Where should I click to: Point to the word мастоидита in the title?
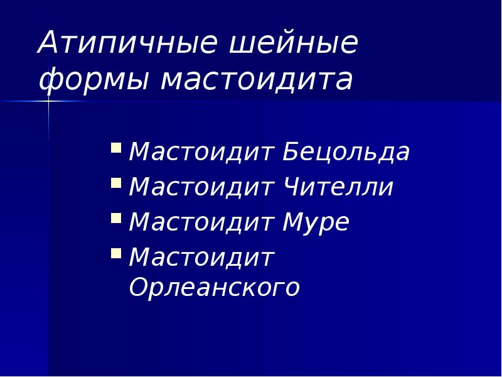coord(257,80)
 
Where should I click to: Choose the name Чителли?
coord(338,187)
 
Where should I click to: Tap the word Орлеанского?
coord(215,288)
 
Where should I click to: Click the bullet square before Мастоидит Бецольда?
coord(116,149)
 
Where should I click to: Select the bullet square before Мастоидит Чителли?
coord(116,183)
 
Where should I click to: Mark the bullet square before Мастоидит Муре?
coord(116,219)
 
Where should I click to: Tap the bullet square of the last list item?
coord(116,253)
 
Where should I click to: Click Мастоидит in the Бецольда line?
coord(202,153)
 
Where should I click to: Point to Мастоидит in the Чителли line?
coord(202,187)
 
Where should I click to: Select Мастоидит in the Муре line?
coord(202,222)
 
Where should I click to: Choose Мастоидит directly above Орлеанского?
coord(202,257)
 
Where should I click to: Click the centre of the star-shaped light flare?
coord(48,100)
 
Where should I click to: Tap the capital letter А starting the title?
coord(48,43)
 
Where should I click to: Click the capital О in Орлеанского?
coord(139,287)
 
